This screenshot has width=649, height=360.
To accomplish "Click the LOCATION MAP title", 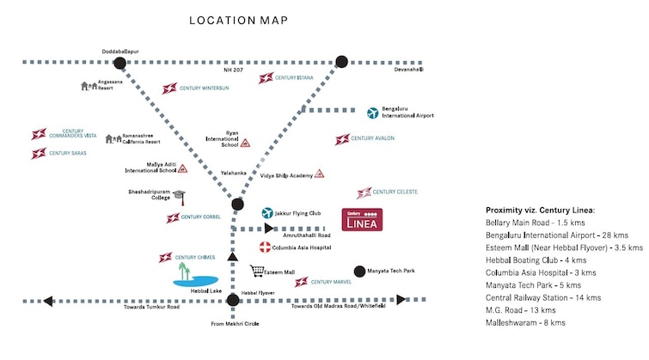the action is coord(238,21).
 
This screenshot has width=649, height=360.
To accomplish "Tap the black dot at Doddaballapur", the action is coord(119,63).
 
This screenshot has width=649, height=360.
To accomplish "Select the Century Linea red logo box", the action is coord(362,219).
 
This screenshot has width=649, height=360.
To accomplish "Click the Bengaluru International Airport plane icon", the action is coord(372,113).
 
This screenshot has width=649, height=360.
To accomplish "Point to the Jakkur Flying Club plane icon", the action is coord(267,213).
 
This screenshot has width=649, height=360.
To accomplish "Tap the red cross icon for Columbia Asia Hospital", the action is coord(265,247).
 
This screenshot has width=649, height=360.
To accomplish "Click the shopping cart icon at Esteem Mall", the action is coord(257,271).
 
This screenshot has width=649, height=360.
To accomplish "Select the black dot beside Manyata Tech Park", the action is coord(359,272).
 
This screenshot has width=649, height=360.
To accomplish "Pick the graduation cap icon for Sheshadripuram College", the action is coord(180,198).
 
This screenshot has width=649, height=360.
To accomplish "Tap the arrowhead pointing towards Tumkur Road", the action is coord(48,302).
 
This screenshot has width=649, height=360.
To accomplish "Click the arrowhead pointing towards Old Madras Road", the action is coord(401,299).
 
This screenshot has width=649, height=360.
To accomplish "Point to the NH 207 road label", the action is coord(234,70).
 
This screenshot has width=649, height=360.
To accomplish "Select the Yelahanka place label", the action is coord(234,173).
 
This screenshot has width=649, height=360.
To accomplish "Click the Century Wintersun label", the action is coord(204,88).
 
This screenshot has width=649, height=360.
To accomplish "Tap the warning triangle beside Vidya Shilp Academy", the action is coord(319,174).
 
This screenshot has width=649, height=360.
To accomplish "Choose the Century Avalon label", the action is coord(372,138).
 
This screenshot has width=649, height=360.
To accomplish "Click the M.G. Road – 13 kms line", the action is coord(521,310).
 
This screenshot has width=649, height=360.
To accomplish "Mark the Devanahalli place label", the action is coord(408,70).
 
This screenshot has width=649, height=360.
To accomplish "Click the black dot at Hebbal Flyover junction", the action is coord(233,300).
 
